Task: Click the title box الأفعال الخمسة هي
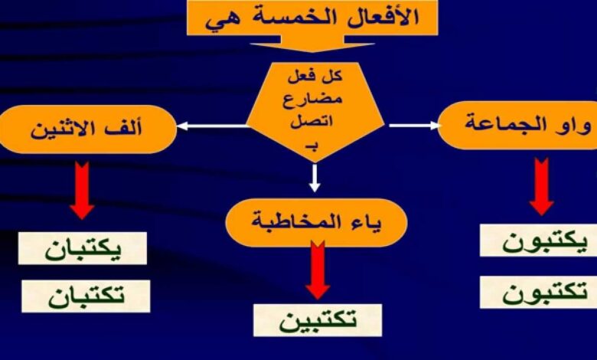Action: pos(312,18)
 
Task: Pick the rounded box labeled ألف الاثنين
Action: pos(87,129)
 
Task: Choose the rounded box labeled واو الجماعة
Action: pos(518,125)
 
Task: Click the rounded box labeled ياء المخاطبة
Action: pos(316,222)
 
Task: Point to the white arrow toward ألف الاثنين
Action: pos(213,126)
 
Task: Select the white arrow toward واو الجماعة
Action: pos(414,126)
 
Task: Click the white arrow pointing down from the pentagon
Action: pos(315,178)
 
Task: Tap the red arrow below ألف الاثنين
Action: pos(82,190)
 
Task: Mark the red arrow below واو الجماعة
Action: pos(541,186)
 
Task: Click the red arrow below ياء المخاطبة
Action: pos(318,270)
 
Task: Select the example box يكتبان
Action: pos(83,248)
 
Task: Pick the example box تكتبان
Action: pos(86,296)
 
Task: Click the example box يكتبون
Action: pos(538,241)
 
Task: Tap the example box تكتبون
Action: pos(538,293)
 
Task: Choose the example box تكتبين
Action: pos(318,320)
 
